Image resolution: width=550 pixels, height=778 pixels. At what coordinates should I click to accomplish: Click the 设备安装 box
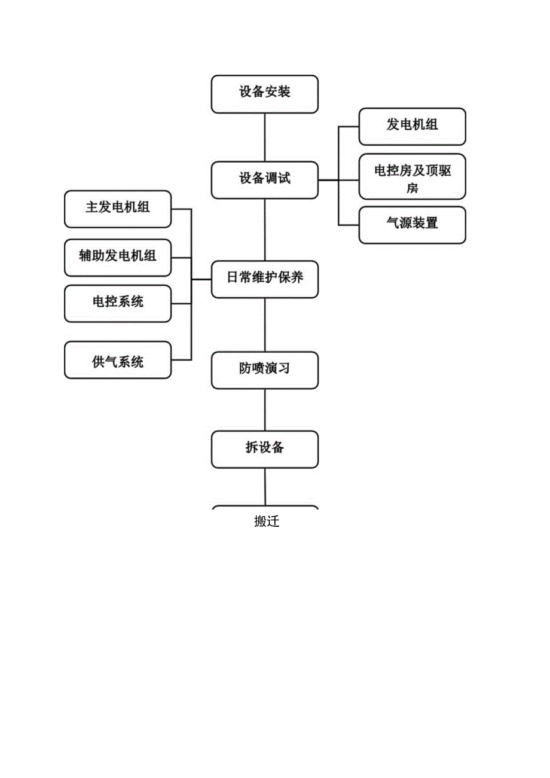click(264, 93)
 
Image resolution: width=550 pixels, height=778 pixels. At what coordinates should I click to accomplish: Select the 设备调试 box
click(264, 179)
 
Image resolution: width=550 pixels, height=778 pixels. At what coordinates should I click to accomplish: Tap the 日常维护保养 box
click(264, 279)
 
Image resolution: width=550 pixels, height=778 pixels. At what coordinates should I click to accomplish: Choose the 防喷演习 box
click(264, 370)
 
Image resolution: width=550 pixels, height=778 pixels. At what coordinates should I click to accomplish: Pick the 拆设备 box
click(264, 449)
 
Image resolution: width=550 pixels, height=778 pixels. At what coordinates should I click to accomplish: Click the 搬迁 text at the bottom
click(267, 521)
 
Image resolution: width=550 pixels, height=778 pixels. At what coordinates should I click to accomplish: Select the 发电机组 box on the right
click(412, 126)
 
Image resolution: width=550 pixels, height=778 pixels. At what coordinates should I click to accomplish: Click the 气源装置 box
click(412, 224)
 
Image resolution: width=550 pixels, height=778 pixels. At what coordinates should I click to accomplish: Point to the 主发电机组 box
click(117, 209)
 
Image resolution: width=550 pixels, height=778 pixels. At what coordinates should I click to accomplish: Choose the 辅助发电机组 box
click(117, 257)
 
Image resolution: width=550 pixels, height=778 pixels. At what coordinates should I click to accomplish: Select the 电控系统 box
click(117, 303)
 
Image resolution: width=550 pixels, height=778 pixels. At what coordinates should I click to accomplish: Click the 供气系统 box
click(117, 360)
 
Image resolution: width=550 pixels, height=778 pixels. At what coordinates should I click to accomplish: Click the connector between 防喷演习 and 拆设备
click(265, 410)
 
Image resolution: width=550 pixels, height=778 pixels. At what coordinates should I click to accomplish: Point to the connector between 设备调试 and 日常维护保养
click(265, 230)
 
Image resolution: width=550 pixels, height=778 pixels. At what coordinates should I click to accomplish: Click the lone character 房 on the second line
click(412, 188)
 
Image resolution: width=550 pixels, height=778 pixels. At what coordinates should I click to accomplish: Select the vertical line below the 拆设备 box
click(265, 487)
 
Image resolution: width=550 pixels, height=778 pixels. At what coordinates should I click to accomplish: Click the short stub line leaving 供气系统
click(181, 359)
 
